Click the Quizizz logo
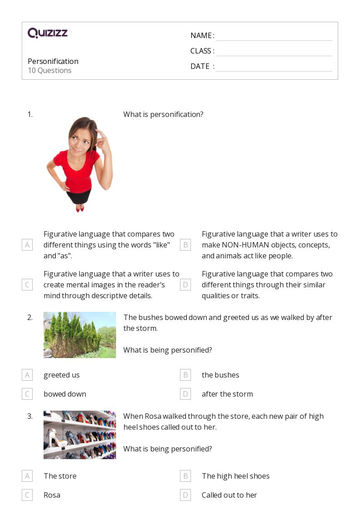48,33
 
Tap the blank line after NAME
274,41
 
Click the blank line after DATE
274,71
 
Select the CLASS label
200,51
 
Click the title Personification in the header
53,61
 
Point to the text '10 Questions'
50,70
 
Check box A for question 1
27,245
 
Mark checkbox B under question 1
185,245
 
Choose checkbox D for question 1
185,285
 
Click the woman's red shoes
80,208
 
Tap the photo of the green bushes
80,335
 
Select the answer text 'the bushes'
220,375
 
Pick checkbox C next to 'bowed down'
27,394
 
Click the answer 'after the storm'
227,394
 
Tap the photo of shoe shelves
80,435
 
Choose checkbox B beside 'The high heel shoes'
185,476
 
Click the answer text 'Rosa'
52,495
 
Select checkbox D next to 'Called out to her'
185,495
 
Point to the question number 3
30,416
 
